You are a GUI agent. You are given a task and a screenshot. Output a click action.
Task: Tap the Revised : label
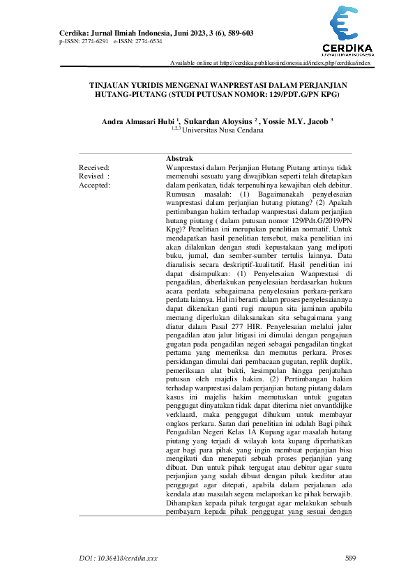[x=94, y=176]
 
